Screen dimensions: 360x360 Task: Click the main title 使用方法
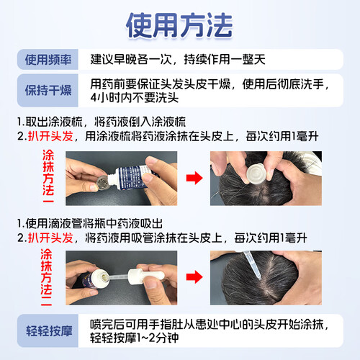(x=179, y=25)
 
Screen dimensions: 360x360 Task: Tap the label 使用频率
(x=48, y=60)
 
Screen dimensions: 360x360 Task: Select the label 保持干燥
(x=48, y=90)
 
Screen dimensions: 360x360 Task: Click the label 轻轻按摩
(x=49, y=331)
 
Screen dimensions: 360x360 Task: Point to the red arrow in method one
(x=194, y=178)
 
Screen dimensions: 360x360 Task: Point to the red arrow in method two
(x=194, y=277)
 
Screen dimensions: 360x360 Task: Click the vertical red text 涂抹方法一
(x=48, y=176)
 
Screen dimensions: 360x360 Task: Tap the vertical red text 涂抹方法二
(x=46, y=277)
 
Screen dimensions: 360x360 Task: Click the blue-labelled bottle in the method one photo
(x=132, y=178)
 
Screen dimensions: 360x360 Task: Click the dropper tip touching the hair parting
(x=259, y=279)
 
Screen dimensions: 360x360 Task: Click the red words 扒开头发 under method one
(x=50, y=136)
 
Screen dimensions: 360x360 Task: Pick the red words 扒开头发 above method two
(x=50, y=238)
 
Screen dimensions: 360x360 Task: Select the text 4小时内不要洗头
(x=135, y=98)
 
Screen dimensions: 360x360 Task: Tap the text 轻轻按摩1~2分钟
(x=135, y=338)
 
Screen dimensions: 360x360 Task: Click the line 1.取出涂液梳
(x=50, y=122)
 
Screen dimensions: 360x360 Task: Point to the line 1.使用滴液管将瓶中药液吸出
(x=90, y=224)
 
